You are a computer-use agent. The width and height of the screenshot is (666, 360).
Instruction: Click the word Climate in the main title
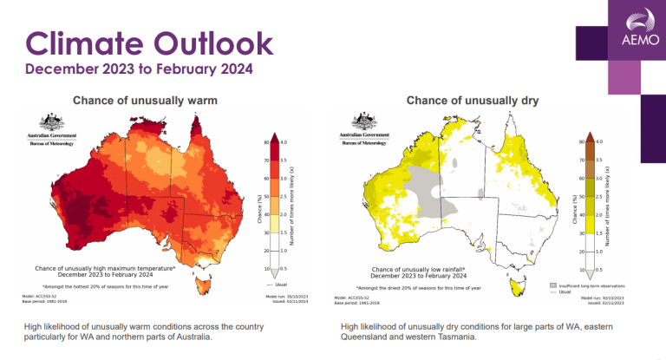tap(85, 43)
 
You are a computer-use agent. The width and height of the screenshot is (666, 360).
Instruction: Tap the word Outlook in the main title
tap(212, 43)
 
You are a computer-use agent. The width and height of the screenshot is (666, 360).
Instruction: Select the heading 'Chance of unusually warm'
tap(145, 101)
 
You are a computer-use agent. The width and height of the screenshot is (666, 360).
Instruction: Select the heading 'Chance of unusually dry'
tap(473, 101)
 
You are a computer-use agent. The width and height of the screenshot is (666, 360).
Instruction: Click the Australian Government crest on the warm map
tap(51, 124)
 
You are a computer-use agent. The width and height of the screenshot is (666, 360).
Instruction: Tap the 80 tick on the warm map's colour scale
tap(264, 141)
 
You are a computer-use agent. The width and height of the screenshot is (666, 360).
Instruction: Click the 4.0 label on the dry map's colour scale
tap(598, 141)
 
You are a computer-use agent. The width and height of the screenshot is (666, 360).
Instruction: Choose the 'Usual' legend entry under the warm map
tap(278, 284)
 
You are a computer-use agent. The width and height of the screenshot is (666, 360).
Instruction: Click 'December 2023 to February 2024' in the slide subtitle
tap(139, 68)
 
